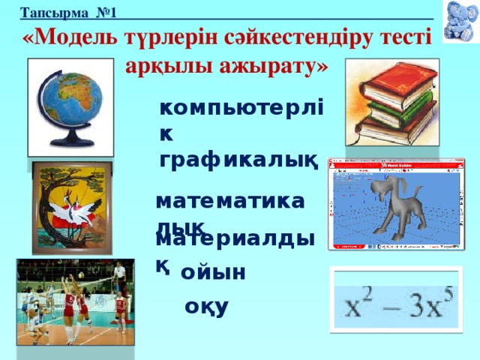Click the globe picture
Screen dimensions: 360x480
pyautogui.click(x=70, y=106)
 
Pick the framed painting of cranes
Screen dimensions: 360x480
pyautogui.click(x=71, y=206)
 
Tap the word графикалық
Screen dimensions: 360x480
pyautogui.click(x=239, y=159)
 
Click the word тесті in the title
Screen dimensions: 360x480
pyautogui.click(x=403, y=37)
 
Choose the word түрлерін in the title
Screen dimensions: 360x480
pyautogui.click(x=166, y=37)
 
